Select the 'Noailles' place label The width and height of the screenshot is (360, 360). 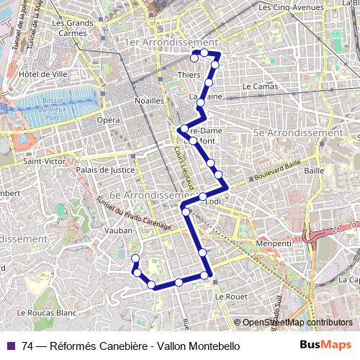pyautogui.click(x=149, y=101)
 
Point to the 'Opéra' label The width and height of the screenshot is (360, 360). pyautogui.click(x=109, y=120)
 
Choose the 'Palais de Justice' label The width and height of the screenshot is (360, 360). pyautogui.click(x=106, y=171)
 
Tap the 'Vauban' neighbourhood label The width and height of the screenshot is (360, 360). pyautogui.click(x=119, y=230)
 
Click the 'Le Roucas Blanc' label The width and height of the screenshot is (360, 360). pyautogui.click(x=46, y=313)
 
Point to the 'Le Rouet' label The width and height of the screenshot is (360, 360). pyautogui.click(x=230, y=296)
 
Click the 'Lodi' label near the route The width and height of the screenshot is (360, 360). pyautogui.click(x=213, y=202)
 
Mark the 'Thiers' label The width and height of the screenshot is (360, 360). pyautogui.click(x=188, y=74)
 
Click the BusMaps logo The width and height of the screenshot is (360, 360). pyautogui.click(x=326, y=345)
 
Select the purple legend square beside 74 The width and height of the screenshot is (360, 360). pyautogui.click(x=11, y=346)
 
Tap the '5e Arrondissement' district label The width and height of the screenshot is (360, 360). pyautogui.click(x=297, y=132)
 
